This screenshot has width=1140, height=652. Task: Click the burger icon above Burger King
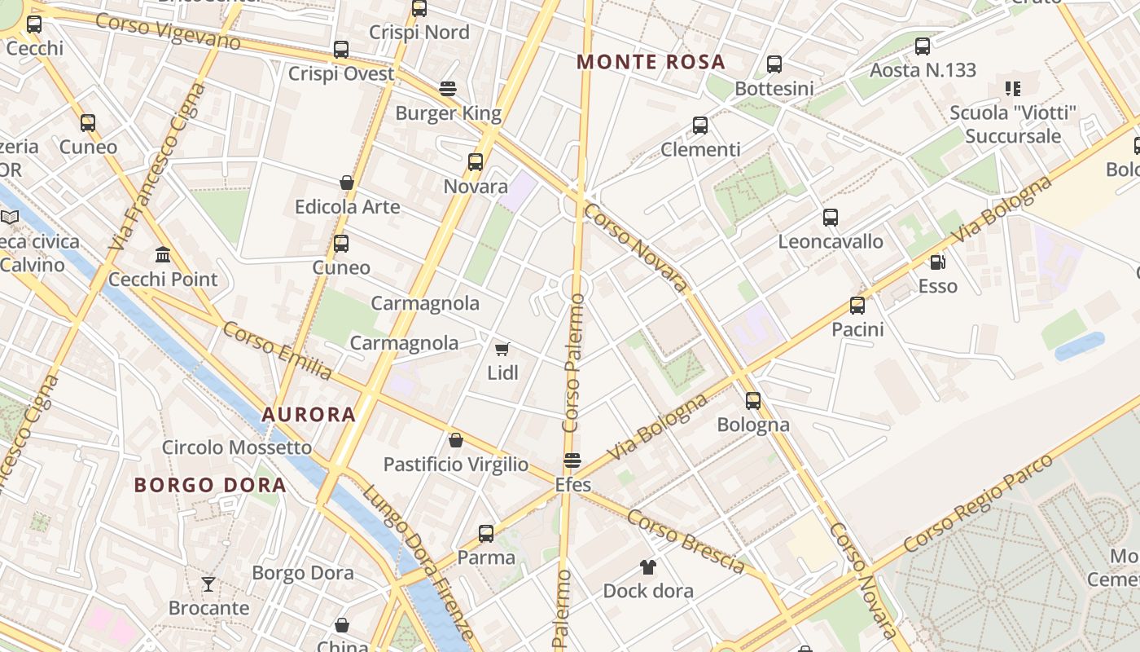click(448, 88)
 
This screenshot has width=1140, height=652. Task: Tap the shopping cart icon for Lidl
click(502, 349)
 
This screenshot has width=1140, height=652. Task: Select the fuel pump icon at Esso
click(938, 262)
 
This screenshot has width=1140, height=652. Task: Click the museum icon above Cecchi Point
click(163, 255)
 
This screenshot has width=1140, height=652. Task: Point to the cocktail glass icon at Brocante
click(208, 584)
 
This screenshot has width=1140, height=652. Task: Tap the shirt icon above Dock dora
click(648, 566)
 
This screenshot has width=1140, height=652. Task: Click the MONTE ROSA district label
click(651, 62)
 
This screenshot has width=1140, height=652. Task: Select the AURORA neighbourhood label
click(309, 414)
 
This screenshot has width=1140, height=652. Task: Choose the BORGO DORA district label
click(210, 485)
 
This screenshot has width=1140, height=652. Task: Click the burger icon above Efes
click(572, 460)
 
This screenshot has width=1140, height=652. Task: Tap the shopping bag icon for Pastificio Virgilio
click(456, 440)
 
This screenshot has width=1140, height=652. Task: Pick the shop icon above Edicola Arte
click(347, 183)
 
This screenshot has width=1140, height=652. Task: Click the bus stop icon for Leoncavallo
click(831, 218)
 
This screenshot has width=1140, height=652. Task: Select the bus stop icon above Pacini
click(857, 306)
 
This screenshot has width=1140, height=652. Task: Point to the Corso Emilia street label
click(277, 350)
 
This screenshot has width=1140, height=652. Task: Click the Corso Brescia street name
click(686, 540)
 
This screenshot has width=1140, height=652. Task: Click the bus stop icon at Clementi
click(700, 126)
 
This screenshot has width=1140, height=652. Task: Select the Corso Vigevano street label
click(168, 31)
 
